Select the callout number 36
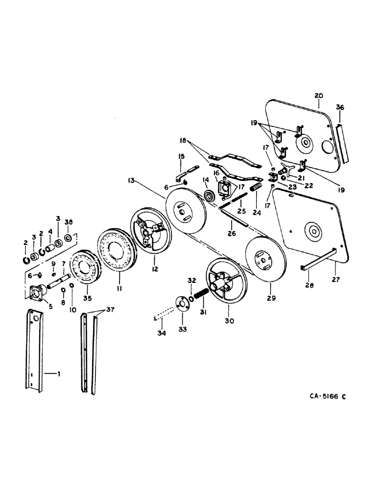(341, 108)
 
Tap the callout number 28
(307, 284)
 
